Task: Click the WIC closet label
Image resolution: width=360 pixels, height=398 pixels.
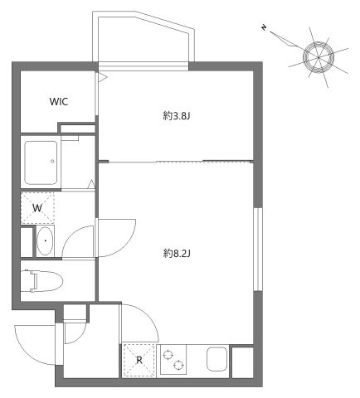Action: pos(59,102)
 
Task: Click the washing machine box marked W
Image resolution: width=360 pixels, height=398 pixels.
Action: pos(37,207)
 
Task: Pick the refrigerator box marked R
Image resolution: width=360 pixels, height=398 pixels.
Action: pos(139,360)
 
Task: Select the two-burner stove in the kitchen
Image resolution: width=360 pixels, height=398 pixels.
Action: pos(175,361)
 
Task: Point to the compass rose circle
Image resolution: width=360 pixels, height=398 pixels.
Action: pos(318,55)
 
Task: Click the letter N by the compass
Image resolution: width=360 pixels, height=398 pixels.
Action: pos(264,29)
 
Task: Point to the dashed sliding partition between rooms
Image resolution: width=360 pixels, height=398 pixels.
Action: pos(176,161)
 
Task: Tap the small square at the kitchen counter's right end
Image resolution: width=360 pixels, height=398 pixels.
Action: pos(242,361)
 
